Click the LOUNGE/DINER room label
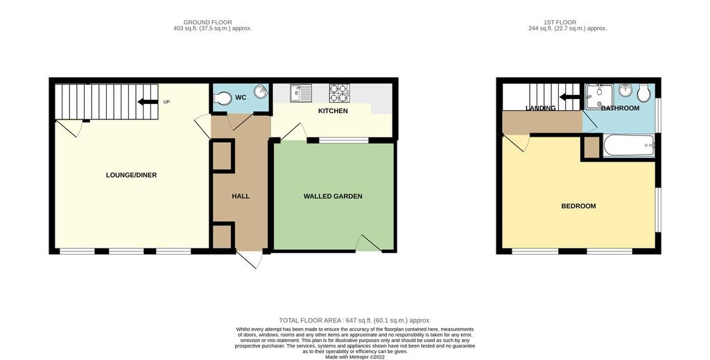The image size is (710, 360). point(131,175)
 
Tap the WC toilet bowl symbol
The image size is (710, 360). point(223,98)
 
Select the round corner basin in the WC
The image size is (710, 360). point(261,92)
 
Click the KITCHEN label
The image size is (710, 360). point(333,111)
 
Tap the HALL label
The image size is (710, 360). point(241,196)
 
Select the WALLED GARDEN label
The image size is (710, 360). point(333,196)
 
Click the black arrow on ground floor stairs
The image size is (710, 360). point(148,102)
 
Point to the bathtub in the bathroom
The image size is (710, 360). point(628,146)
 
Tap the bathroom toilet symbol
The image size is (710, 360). point(643,93)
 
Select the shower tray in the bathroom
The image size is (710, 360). point(598,96)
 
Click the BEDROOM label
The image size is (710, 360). point(578,206)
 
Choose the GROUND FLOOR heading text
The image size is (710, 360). point(208,22)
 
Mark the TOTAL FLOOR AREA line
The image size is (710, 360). point(355,320)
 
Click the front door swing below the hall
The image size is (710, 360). point(250,259)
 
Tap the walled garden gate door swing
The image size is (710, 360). point(368,243)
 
